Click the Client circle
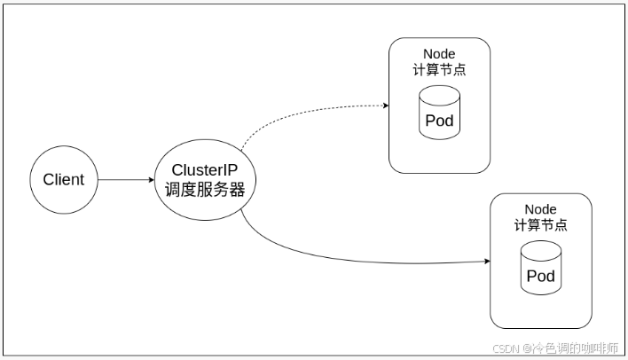[x=64, y=179]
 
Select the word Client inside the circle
[x=64, y=179]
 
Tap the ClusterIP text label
[x=206, y=169]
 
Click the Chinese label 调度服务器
[x=206, y=189]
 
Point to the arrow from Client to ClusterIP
[x=124, y=180]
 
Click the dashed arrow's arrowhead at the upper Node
[x=385, y=106]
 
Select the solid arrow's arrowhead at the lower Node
[x=486, y=262]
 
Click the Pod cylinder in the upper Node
[x=439, y=113]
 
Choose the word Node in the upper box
[x=439, y=54]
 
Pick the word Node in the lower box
[x=540, y=209]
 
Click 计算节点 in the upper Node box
[x=439, y=70]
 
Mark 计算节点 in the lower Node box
[x=540, y=225]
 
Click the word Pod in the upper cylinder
[x=439, y=121]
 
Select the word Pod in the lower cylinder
[x=540, y=276]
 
